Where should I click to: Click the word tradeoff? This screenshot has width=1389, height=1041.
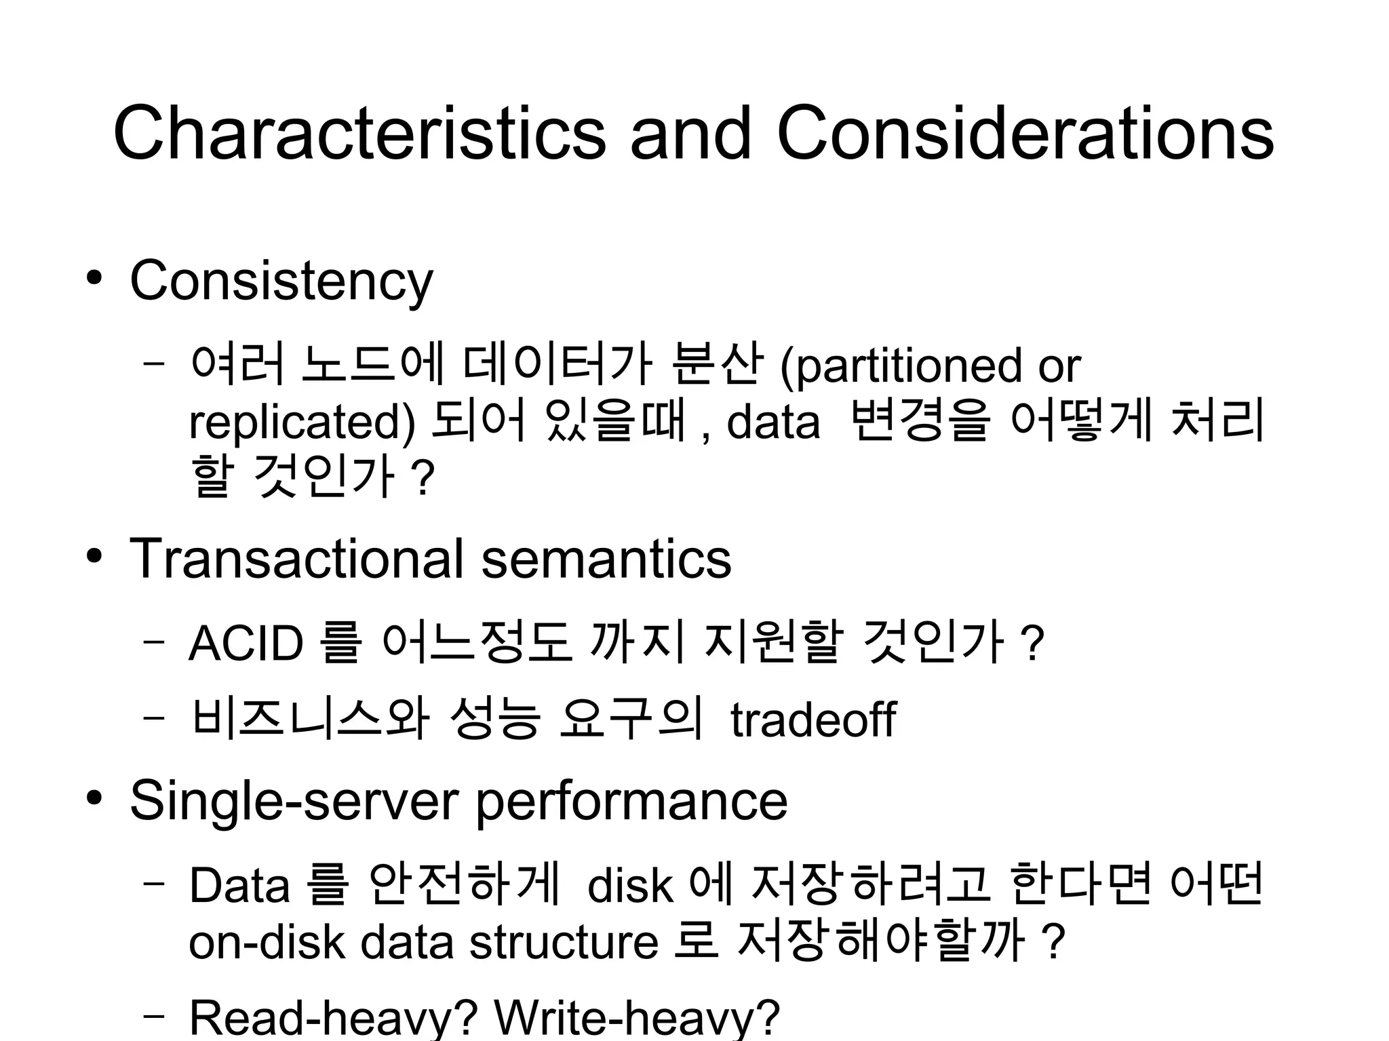coord(813,720)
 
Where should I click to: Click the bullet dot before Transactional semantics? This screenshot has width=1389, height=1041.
coord(94,557)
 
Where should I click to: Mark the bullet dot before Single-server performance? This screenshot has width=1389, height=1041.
coord(94,798)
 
